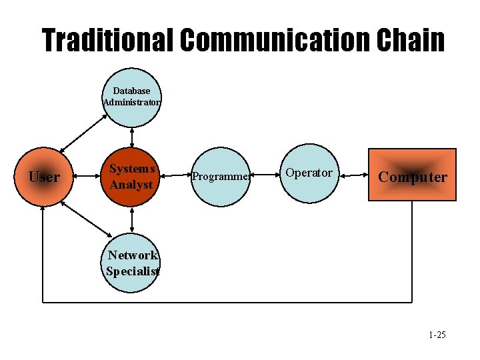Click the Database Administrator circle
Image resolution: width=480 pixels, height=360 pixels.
132,97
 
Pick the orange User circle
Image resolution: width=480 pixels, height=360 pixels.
45,177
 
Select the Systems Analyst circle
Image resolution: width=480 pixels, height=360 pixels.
132,177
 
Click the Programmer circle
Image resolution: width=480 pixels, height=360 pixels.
221,177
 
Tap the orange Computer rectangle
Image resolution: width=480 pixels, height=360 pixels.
413,175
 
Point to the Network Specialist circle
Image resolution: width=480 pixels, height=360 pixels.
133,263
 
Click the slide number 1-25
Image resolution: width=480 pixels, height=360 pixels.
437,335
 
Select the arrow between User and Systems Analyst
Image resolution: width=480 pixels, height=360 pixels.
87,177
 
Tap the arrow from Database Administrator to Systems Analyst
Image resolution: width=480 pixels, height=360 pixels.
132,137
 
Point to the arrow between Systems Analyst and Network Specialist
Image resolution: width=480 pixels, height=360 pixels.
132,219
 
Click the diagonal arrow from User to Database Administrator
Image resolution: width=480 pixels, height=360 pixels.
83,133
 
